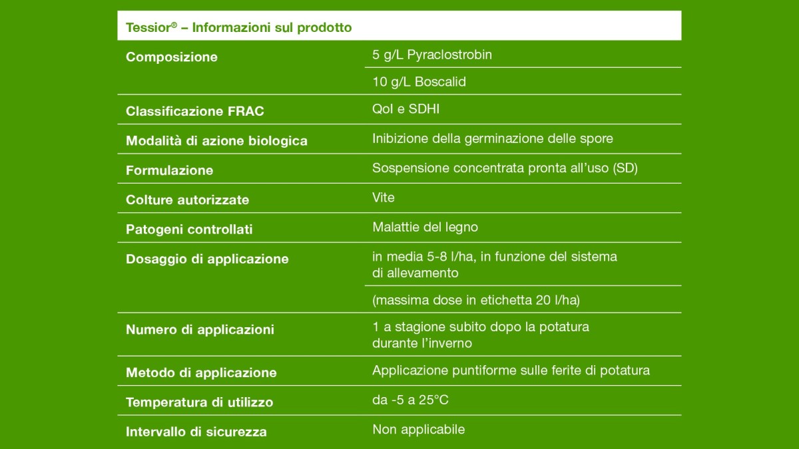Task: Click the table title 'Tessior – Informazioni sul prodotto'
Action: tap(238, 28)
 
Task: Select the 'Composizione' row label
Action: tap(172, 57)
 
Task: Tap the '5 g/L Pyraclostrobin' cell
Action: tap(432, 55)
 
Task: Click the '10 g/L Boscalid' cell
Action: tap(419, 82)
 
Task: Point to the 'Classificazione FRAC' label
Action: tap(194, 112)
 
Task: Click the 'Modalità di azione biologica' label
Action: tap(216, 141)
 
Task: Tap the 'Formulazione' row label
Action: tap(169, 170)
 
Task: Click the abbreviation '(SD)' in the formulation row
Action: tap(625, 168)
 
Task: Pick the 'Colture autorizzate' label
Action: tap(187, 200)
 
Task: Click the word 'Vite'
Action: tap(384, 198)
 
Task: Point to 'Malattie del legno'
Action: tap(425, 227)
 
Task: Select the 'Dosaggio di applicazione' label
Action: tap(207, 259)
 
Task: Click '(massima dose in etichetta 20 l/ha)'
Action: tap(476, 300)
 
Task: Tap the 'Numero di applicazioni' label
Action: tap(200, 330)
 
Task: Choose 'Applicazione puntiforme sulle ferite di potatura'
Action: tap(511, 371)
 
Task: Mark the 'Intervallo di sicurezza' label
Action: tap(196, 432)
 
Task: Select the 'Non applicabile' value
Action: tap(418, 430)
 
